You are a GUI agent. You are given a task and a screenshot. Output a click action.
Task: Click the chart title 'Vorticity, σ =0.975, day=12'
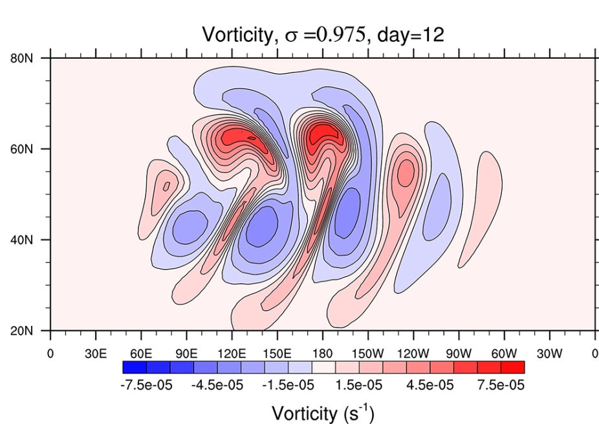(323, 34)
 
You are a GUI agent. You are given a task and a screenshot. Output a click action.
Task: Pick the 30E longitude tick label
(96, 354)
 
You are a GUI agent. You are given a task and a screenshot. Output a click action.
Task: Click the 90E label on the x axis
(186, 354)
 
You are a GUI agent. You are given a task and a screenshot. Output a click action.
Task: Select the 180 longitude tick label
(323, 354)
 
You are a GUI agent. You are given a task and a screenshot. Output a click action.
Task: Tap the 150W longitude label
(367, 354)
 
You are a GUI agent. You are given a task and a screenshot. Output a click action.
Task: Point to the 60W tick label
(504, 354)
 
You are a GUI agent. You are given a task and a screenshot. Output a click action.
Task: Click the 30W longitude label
(549, 354)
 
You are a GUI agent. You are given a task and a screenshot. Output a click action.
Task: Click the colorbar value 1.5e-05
(358, 386)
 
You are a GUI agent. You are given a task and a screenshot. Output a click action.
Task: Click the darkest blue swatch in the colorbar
(135, 367)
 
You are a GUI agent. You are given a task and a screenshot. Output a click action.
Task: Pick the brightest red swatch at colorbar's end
(512, 367)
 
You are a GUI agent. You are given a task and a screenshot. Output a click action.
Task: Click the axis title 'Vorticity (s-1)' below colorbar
(323, 412)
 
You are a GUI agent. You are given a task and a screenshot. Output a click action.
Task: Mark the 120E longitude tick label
(232, 354)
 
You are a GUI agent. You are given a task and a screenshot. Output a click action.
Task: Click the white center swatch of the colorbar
(323, 367)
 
